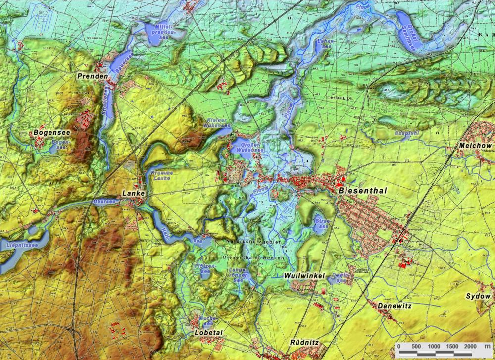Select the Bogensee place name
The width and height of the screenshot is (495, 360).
(51, 133)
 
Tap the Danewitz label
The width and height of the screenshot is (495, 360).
(394, 306)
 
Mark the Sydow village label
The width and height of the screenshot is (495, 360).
(478, 296)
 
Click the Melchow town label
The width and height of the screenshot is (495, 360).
(475, 146)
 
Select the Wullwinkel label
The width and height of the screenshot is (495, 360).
(304, 275)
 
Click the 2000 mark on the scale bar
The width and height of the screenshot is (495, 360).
(470, 346)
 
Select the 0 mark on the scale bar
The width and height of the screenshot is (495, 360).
(398, 346)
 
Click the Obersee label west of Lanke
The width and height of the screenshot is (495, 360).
(104, 202)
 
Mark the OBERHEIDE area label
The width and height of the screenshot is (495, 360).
(339, 98)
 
